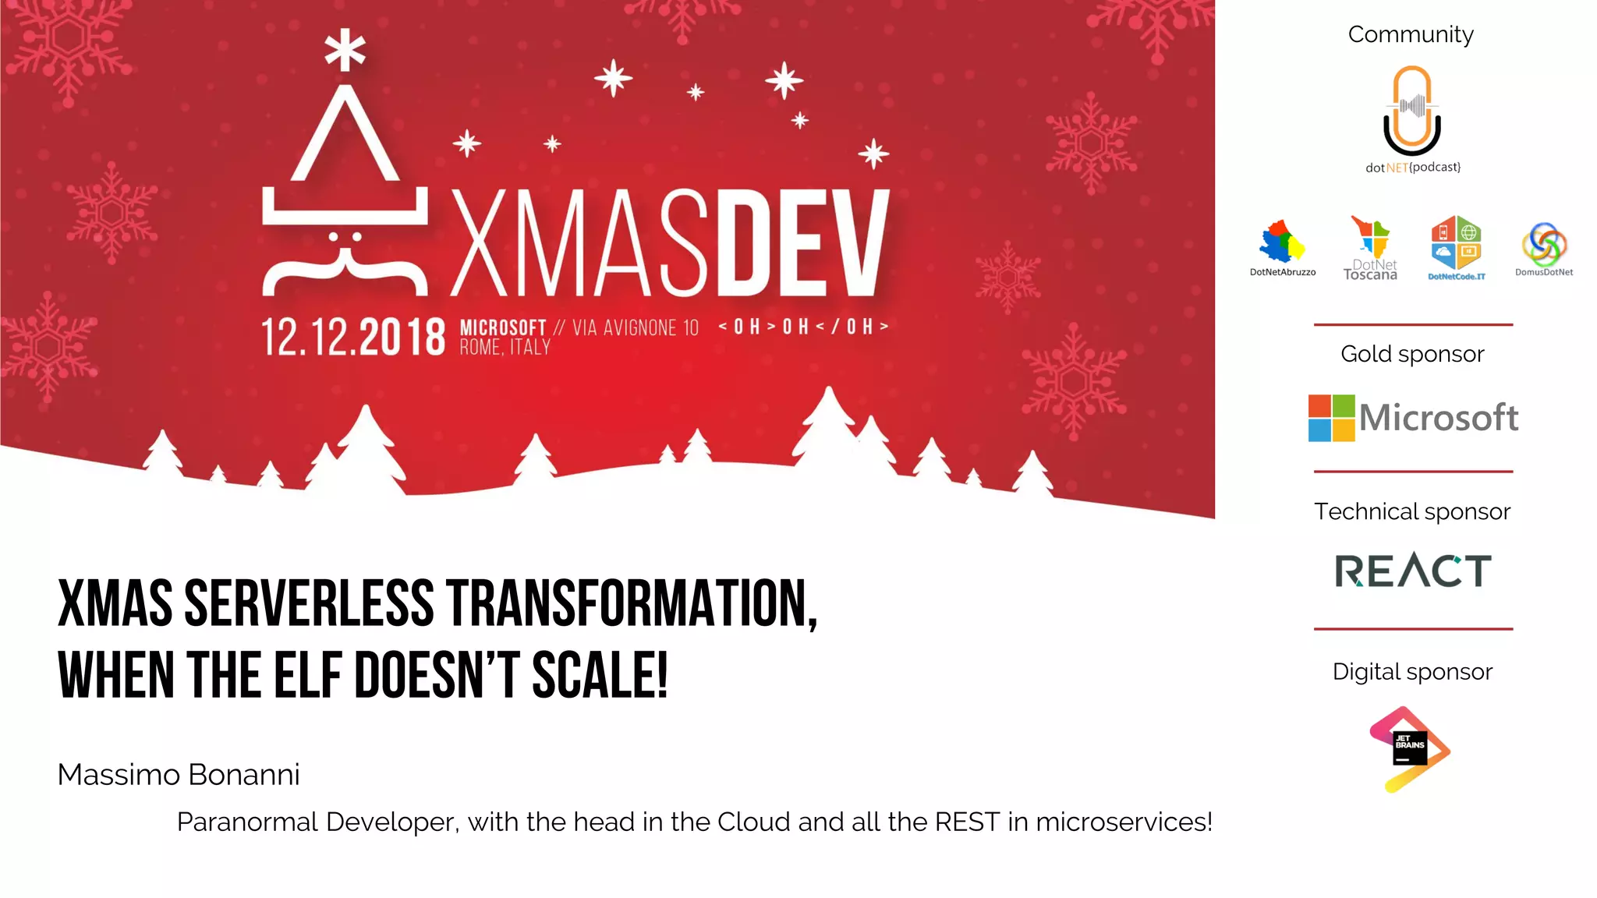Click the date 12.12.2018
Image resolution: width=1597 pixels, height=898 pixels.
tap(352, 337)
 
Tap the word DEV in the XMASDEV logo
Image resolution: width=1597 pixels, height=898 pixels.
tap(802, 243)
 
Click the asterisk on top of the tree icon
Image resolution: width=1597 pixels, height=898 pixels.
tap(345, 51)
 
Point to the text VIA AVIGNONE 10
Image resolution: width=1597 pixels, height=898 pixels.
tap(636, 328)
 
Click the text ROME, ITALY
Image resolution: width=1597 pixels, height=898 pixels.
tap(505, 348)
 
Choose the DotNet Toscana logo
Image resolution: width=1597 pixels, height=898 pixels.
tap(1370, 248)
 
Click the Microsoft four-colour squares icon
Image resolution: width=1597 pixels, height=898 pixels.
tap(1331, 419)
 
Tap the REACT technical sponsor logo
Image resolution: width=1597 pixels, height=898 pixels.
tap(1413, 571)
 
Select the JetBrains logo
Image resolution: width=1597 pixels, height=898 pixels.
tap(1410, 749)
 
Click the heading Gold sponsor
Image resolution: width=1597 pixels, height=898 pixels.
tap(1412, 354)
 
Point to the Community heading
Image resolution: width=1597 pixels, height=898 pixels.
tap(1411, 34)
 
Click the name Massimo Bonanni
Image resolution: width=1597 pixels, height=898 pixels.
tap(179, 775)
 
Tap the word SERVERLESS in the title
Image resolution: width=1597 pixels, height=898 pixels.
tap(309, 604)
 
